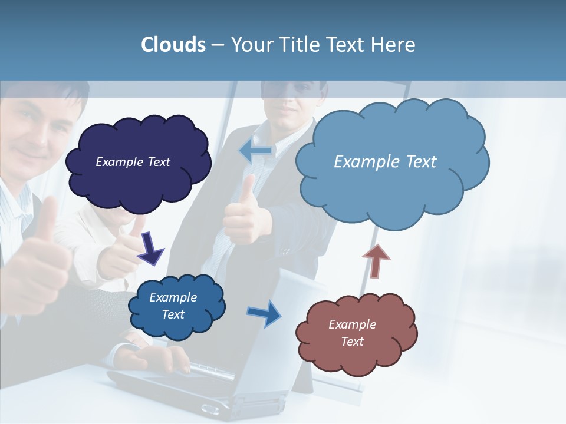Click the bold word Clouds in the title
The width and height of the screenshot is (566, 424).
click(x=173, y=45)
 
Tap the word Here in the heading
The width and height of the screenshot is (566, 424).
click(x=393, y=45)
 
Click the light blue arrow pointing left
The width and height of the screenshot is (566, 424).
click(x=255, y=151)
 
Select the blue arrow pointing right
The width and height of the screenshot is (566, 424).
click(x=264, y=313)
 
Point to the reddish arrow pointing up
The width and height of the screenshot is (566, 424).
click(x=376, y=261)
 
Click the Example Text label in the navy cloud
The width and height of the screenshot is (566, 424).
click(x=133, y=162)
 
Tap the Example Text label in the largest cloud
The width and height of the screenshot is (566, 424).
click(x=385, y=162)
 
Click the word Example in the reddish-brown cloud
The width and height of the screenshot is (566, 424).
click(x=352, y=324)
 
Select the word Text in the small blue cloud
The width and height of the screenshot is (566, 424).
click(x=173, y=314)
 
